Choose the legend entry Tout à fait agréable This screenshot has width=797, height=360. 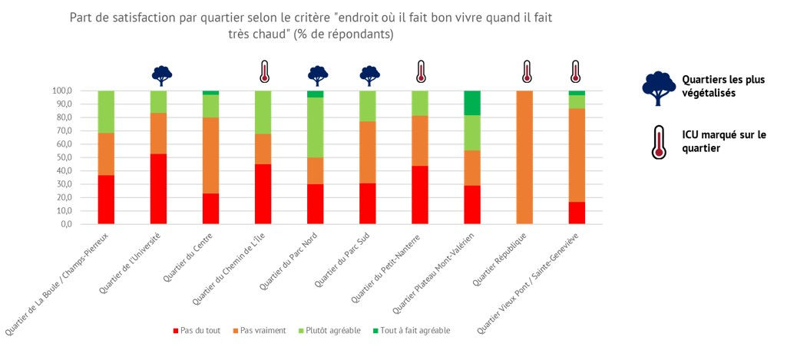click(x=415, y=331)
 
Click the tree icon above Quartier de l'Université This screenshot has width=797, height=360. click(x=161, y=75)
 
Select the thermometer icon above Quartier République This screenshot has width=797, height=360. click(x=526, y=71)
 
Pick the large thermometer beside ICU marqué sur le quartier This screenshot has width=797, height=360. click(x=658, y=142)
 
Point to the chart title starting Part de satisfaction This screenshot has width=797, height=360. click(x=310, y=25)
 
